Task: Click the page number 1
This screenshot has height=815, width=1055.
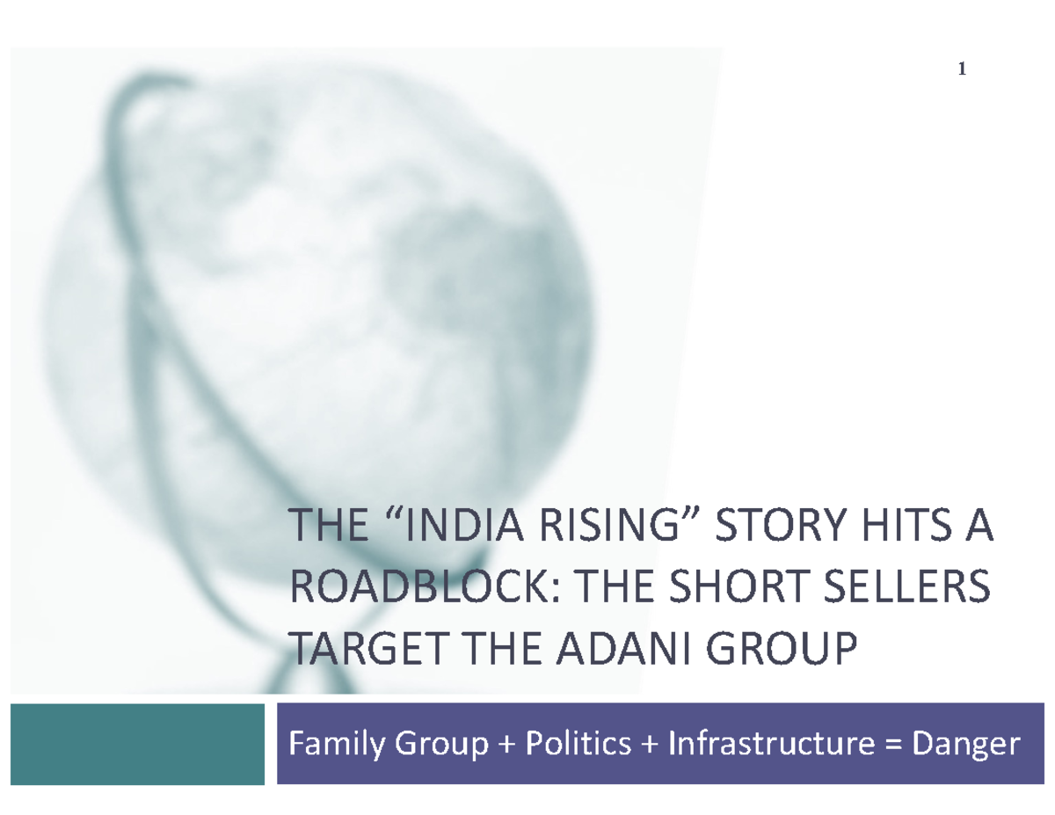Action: (963, 70)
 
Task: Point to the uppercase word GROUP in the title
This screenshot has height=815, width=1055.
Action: (782, 651)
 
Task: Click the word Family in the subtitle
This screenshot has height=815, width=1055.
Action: (338, 745)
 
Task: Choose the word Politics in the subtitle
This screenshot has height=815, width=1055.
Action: (578, 745)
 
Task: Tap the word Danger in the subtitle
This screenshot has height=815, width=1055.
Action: (965, 745)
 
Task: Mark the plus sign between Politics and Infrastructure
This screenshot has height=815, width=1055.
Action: (650, 746)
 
